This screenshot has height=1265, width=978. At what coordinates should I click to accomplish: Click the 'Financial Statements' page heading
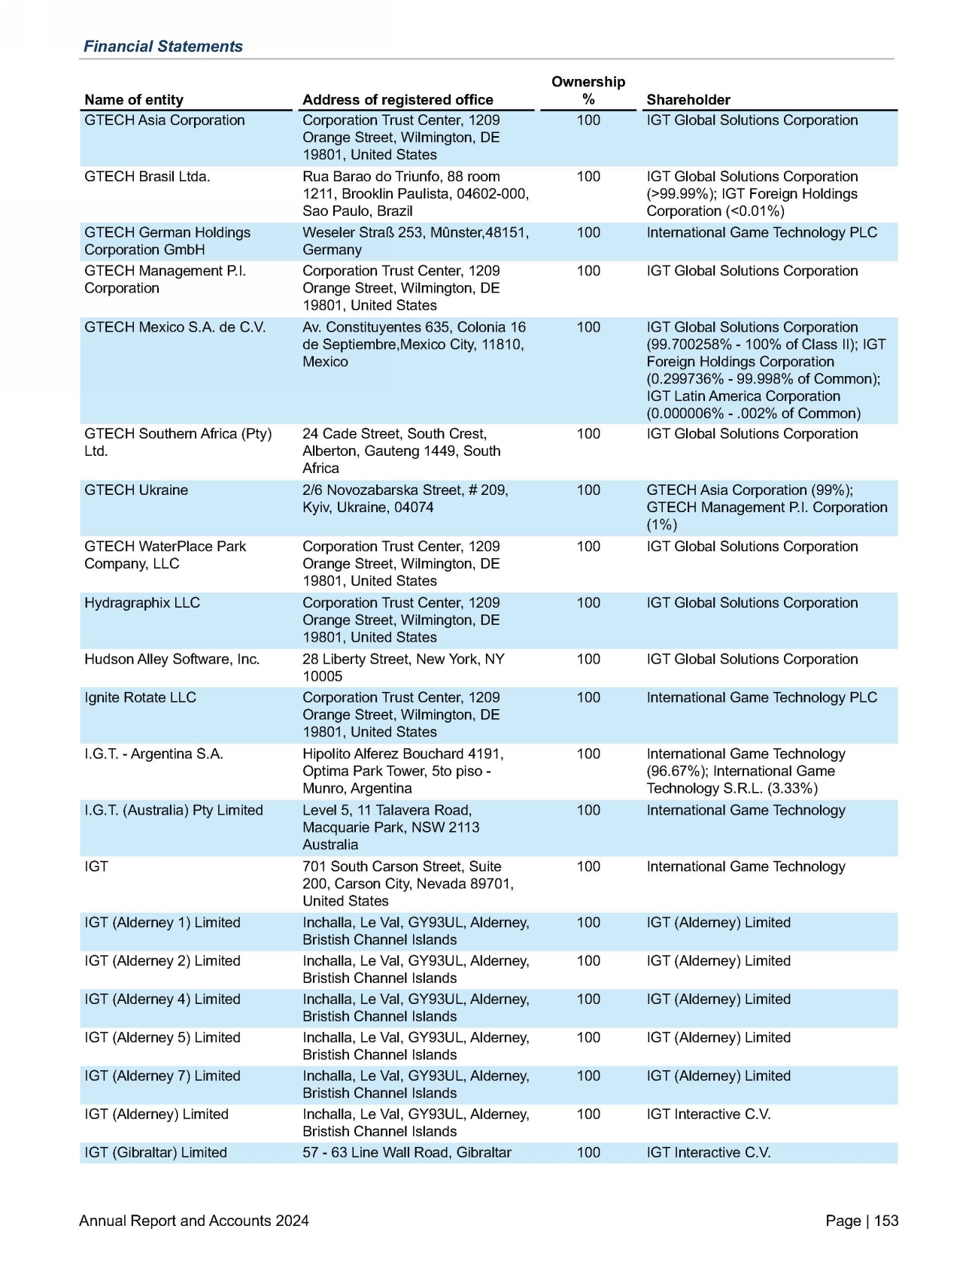(x=162, y=47)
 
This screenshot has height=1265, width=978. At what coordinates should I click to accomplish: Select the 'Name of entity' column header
(x=134, y=100)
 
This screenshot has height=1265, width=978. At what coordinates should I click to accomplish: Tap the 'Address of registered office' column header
(x=397, y=100)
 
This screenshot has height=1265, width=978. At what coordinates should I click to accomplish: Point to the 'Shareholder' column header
(x=688, y=100)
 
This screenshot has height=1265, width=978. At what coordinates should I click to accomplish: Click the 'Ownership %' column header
(x=588, y=90)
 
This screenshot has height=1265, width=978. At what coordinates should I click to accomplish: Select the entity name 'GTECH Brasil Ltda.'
(x=147, y=177)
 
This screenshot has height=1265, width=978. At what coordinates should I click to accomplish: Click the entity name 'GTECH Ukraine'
(x=136, y=490)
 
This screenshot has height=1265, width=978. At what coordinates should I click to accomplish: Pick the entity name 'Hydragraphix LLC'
(x=142, y=603)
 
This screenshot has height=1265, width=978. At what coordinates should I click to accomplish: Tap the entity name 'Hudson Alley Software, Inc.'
(x=172, y=660)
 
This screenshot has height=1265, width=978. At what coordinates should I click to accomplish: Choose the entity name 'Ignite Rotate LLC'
(x=140, y=698)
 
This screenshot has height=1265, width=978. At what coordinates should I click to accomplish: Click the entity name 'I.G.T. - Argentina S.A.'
(x=153, y=754)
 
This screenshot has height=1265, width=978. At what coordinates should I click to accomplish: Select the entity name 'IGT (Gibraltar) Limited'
(x=156, y=1153)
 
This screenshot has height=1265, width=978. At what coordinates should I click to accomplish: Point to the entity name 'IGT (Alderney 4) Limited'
(x=162, y=1000)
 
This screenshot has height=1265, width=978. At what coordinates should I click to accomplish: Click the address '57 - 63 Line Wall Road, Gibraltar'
(x=407, y=1153)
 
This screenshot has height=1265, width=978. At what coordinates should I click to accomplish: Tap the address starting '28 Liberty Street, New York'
(x=403, y=668)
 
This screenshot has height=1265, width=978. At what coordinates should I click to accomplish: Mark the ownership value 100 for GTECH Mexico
(x=588, y=328)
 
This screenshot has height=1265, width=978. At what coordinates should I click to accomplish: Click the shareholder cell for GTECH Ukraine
(x=767, y=508)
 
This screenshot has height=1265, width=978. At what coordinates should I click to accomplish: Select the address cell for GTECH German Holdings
(x=415, y=241)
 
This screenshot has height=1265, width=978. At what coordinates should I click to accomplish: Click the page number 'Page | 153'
(x=861, y=1221)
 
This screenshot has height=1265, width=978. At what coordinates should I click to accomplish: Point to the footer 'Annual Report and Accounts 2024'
(x=194, y=1221)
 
